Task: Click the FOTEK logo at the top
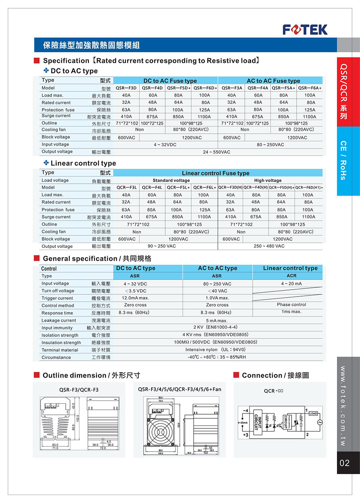(x=305, y=30)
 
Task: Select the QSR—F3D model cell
(x=126, y=88)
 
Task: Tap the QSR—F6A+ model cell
(x=310, y=88)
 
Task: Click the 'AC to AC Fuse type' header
(x=273, y=81)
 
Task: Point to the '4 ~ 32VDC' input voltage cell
(x=165, y=144)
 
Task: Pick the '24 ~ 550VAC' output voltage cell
(x=216, y=152)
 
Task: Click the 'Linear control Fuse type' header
(x=215, y=173)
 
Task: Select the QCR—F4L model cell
(x=152, y=187)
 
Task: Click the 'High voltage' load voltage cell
(x=267, y=180)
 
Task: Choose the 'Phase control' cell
(x=291, y=304)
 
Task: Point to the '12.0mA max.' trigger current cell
(x=135, y=298)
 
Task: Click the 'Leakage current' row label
(x=59, y=320)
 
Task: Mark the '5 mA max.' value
(x=217, y=321)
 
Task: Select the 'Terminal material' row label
(x=60, y=350)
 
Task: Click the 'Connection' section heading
(x=275, y=375)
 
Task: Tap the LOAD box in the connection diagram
(x=313, y=413)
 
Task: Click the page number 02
(x=345, y=463)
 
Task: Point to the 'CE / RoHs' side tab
(x=343, y=160)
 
